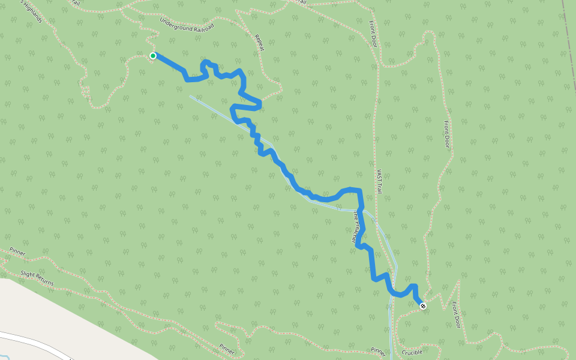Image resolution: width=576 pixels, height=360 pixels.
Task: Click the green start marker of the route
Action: [153, 56]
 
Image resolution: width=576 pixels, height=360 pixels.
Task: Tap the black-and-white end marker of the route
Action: [424, 306]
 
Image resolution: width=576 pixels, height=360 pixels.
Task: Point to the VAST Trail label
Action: [379, 181]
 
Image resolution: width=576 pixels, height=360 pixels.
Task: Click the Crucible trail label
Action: [413, 353]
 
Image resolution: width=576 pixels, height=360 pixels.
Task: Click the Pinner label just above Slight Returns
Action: [17, 252]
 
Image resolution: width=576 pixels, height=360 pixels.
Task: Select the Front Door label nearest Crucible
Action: [457, 314]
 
